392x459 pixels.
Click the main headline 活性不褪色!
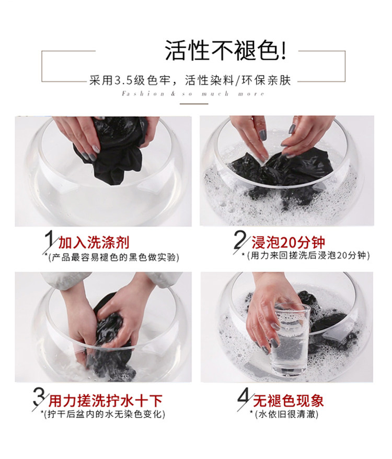click(x=225, y=51)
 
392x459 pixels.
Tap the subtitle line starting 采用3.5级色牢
click(x=190, y=81)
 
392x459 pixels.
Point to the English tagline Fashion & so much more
click(x=193, y=94)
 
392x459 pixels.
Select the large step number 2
click(x=241, y=242)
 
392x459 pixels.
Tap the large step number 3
click(x=40, y=399)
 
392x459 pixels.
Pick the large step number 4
click(x=245, y=398)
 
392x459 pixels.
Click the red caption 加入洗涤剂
click(x=94, y=243)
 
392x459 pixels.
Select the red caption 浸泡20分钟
click(x=288, y=243)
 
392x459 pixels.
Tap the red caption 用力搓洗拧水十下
click(x=105, y=401)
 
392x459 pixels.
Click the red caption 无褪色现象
click(x=288, y=401)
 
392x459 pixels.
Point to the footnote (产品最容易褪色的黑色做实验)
click(x=112, y=258)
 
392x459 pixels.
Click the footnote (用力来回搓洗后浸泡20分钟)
click(x=306, y=255)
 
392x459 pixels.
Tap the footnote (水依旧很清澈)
click(x=284, y=414)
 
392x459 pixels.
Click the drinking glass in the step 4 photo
click(x=290, y=340)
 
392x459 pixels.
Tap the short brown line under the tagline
click(x=194, y=104)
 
